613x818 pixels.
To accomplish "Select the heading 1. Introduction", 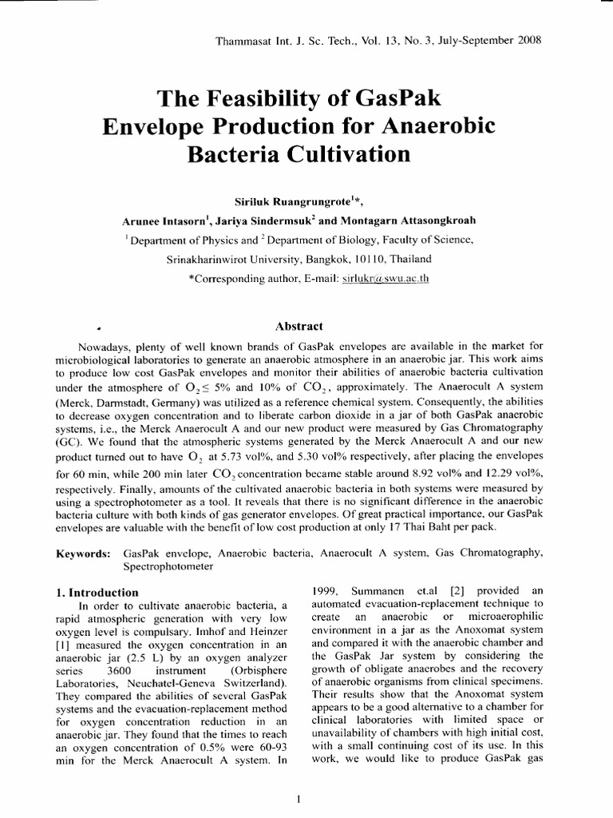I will coord(97,593).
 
